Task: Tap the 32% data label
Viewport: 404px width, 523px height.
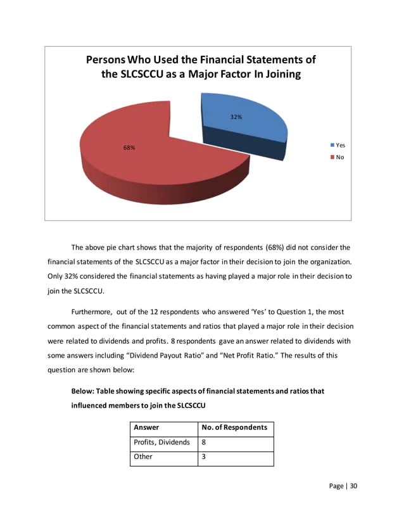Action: pyautogui.click(x=236, y=117)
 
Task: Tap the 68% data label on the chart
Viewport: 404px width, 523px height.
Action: pyautogui.click(x=129, y=148)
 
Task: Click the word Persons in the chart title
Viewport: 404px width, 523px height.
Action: pyautogui.click(x=111, y=60)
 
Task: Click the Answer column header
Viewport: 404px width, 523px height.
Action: pyautogui.click(x=146, y=427)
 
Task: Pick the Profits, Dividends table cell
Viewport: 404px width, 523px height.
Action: pyautogui.click(x=161, y=443)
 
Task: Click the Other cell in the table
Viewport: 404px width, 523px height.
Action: pyautogui.click(x=143, y=458)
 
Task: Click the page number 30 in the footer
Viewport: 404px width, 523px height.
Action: pyautogui.click(x=352, y=486)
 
